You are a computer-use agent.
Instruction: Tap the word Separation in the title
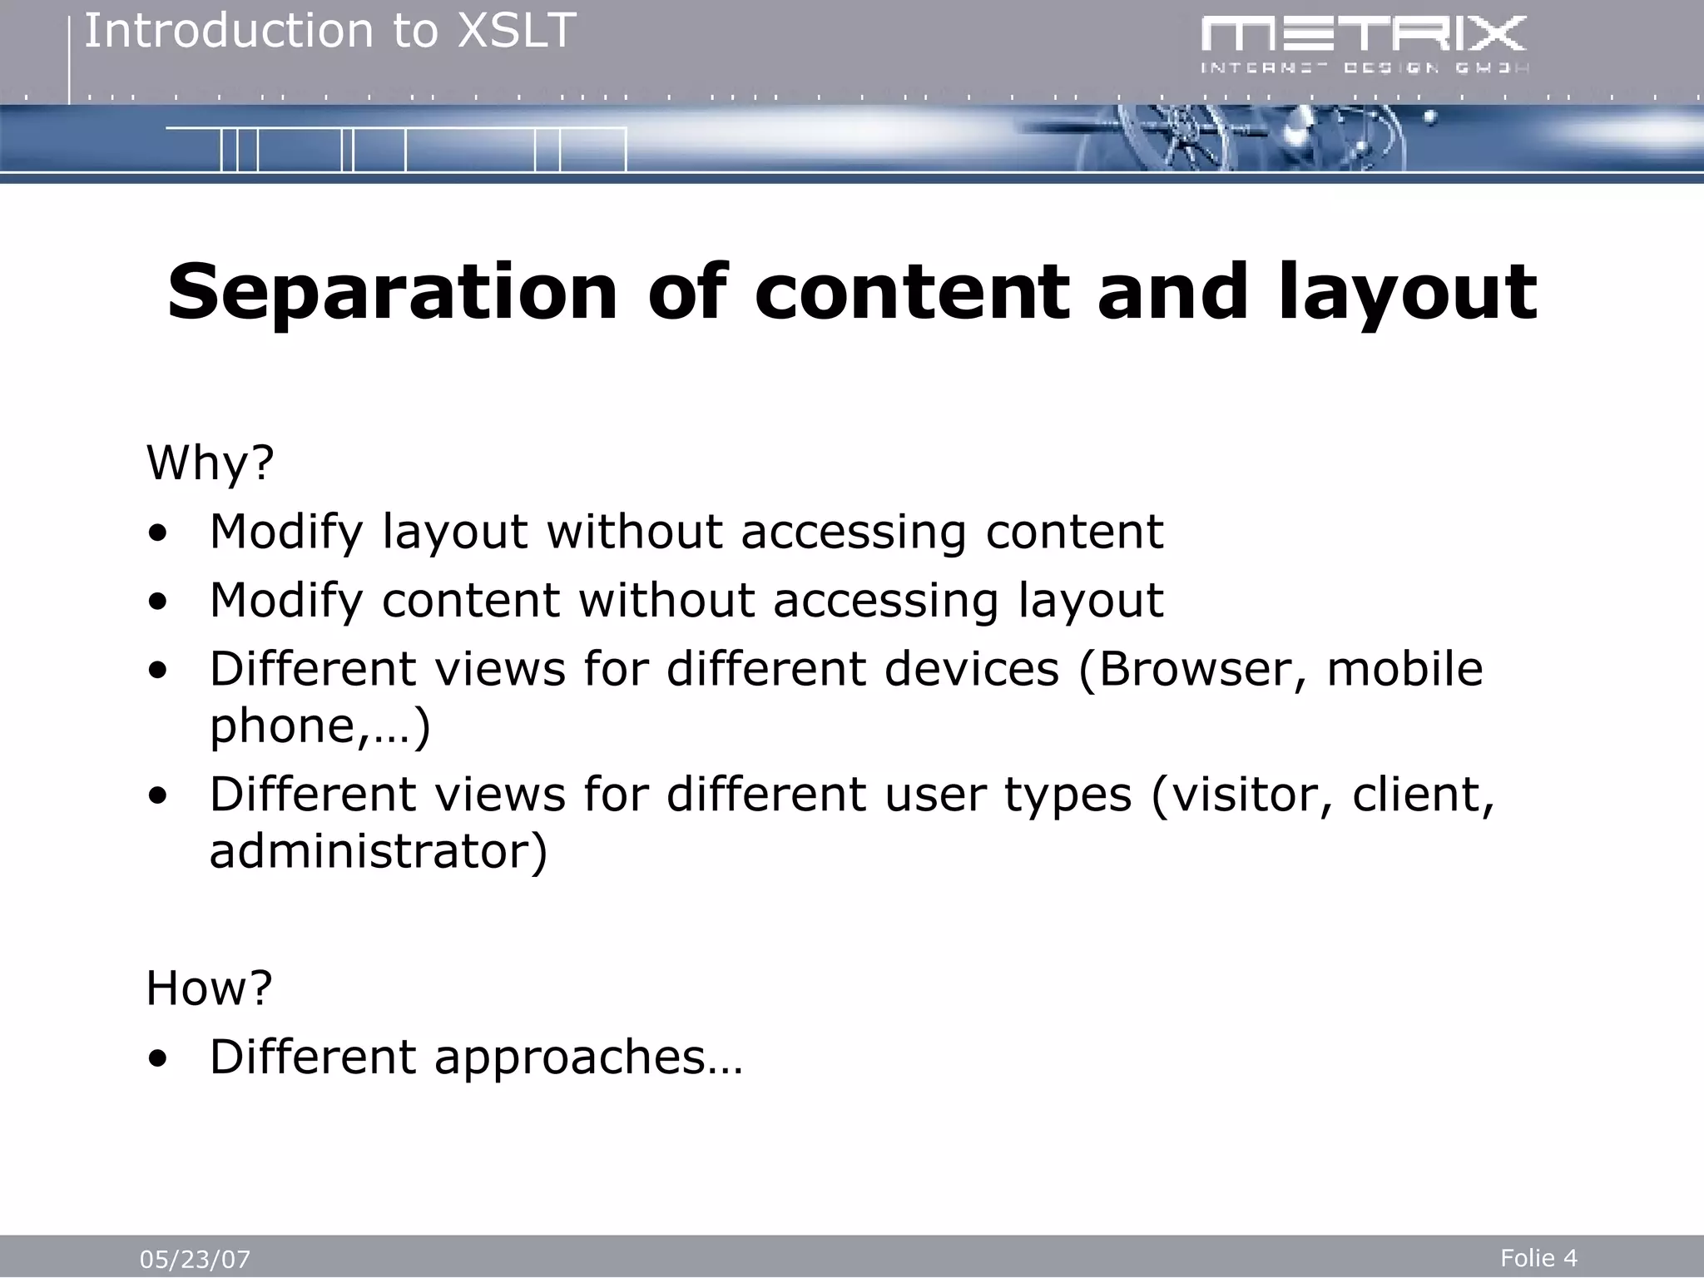coord(392,292)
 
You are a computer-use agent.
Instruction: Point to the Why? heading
coord(210,463)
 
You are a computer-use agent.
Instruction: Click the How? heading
coord(209,988)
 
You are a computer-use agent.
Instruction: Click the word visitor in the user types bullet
coord(1244,794)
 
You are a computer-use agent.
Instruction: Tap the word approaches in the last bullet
coord(570,1057)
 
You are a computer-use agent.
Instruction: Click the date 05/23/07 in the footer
coord(195,1259)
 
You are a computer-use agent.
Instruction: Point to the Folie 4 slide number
coord(1538,1257)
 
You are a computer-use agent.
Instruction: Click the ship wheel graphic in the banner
coord(1181,141)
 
